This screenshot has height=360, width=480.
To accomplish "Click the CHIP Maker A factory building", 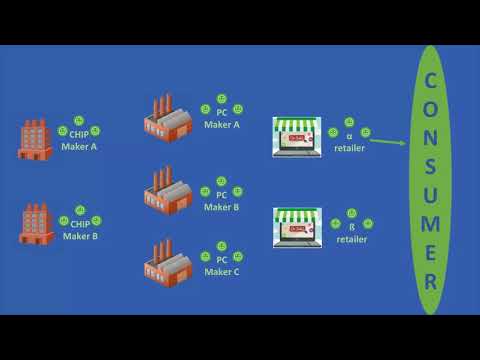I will click(34, 139).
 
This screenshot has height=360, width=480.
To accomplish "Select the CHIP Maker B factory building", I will click(36, 224).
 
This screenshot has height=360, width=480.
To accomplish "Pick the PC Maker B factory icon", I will click(167, 190).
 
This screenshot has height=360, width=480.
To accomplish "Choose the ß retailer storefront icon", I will click(297, 228).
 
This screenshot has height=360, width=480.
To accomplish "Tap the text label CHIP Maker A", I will click(79, 141).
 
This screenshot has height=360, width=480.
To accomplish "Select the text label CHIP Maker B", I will click(79, 230).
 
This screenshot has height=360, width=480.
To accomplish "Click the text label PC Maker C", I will click(222, 265).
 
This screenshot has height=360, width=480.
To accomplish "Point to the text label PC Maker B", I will click(222, 201).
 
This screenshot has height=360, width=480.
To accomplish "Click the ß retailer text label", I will click(351, 233).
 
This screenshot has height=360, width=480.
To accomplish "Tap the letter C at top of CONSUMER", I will click(430, 79).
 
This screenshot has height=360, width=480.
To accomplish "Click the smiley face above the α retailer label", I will click(349, 122).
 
